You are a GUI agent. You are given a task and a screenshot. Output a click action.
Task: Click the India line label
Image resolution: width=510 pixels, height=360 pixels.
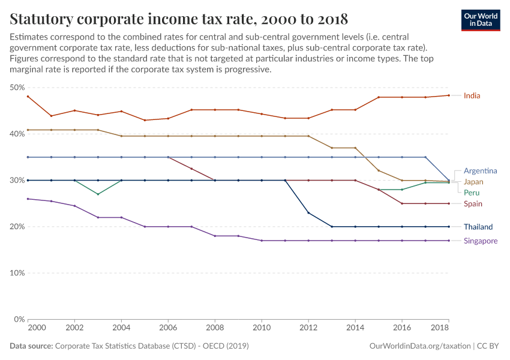pos(472,95)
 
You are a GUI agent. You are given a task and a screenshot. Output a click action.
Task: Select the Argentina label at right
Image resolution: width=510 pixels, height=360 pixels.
pos(479,171)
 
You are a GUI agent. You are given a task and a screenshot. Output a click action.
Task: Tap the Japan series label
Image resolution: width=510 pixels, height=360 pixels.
pos(473,182)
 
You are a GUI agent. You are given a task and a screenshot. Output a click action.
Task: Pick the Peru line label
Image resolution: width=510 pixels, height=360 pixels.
pos(472,193)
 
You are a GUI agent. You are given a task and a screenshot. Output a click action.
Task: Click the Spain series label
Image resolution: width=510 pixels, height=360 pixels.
pos(473,204)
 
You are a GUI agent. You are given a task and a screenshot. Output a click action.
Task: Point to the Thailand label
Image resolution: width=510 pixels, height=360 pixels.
pos(478,227)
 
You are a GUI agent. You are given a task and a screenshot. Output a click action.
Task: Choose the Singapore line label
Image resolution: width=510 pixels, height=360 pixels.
pos(480,241)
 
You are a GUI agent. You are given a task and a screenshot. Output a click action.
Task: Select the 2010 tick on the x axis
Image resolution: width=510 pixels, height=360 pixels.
pos(262,328)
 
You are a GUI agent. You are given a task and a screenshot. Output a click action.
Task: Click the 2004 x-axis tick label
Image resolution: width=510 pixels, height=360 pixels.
pos(121,328)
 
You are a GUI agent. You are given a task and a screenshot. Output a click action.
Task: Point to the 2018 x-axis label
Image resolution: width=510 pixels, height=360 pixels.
pos(440,328)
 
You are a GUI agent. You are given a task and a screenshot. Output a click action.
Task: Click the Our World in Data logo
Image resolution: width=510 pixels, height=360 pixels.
pos(480,19)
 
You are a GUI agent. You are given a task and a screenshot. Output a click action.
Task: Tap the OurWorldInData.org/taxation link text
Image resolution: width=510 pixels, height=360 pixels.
pos(419,346)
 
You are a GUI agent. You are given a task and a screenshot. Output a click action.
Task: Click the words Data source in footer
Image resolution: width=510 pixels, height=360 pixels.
pos(31,346)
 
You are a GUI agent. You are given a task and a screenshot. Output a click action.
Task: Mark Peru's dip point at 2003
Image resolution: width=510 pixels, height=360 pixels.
pos(98,194)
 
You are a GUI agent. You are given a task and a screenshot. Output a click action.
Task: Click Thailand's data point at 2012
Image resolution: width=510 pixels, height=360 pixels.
pos(308,213)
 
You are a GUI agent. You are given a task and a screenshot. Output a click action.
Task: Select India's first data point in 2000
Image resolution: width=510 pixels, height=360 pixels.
pos(28,97)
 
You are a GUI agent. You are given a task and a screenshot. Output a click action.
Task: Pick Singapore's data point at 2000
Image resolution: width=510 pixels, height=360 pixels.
pos(28,199)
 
